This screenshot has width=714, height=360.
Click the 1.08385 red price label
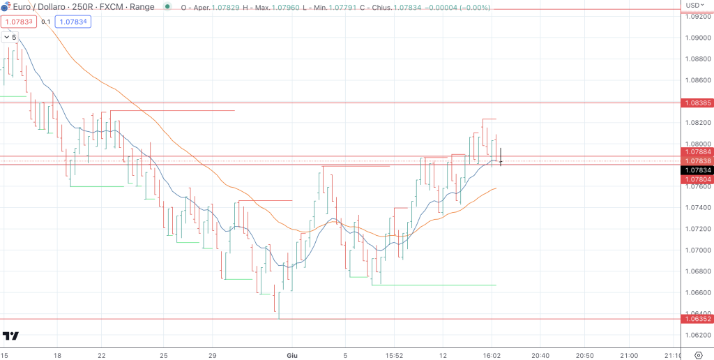click(697, 103)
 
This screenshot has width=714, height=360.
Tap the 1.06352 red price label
click(697, 319)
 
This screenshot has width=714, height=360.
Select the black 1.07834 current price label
click(697, 170)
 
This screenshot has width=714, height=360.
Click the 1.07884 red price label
click(697, 151)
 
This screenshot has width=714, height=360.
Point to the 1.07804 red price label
click(697, 179)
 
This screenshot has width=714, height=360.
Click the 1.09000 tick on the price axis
click(697, 38)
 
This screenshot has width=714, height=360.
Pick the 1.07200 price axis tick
click(697, 229)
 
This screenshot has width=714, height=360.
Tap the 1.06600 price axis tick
click(697, 292)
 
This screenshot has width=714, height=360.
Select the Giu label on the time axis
click(292, 354)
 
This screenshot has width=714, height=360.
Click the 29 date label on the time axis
click(213, 354)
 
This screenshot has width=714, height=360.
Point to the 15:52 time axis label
click(394, 354)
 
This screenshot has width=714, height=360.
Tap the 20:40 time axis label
click(541, 354)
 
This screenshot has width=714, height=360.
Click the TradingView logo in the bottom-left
click(10, 336)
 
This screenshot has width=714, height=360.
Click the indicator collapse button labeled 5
click(10, 37)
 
